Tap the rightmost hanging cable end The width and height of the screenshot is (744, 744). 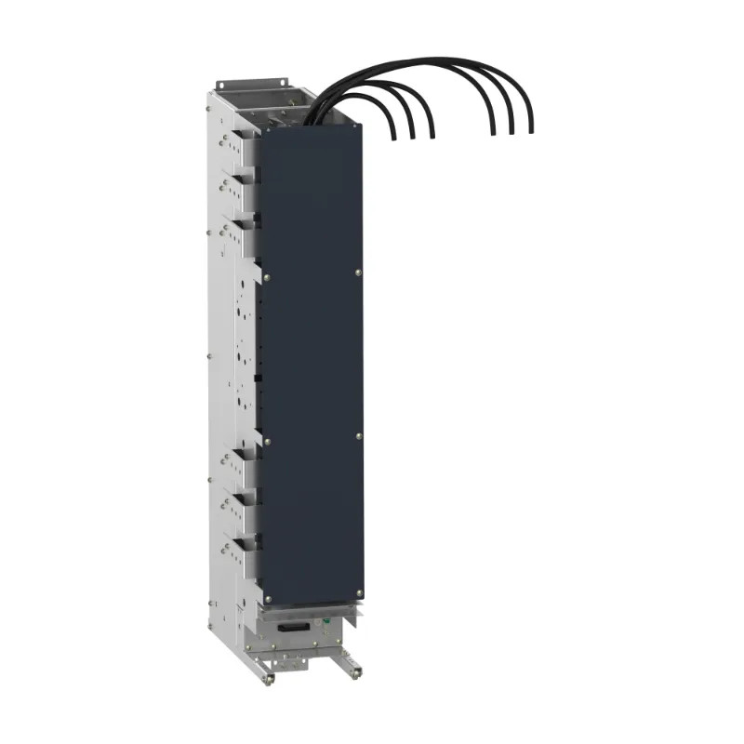tap(530, 130)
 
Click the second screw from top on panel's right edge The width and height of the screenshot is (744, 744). tap(359, 272)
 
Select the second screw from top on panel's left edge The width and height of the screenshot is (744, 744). tap(267, 275)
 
